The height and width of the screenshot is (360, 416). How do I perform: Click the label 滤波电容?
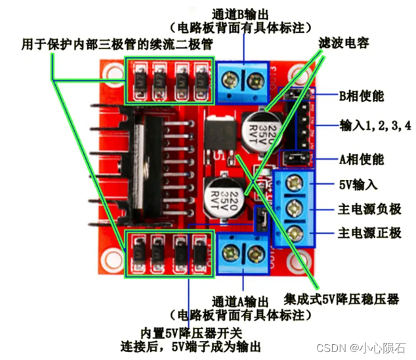[343, 44]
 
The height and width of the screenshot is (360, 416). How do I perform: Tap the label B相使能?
[362, 95]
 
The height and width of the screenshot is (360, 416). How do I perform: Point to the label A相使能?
[362, 160]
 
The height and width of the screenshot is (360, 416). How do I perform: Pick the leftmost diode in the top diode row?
[140, 81]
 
